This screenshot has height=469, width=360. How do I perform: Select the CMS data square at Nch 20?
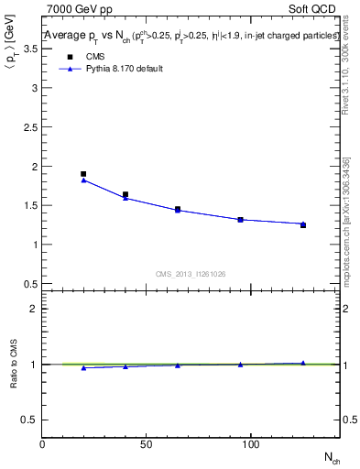[x=83, y=174]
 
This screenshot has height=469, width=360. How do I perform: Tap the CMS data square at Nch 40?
[x=125, y=194]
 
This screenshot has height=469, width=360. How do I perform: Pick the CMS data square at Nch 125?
[x=303, y=224]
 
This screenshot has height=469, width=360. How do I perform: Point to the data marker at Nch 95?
[x=240, y=220]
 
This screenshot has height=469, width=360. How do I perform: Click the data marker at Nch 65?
[x=178, y=210]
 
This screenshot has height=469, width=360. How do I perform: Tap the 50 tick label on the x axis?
[x=147, y=444]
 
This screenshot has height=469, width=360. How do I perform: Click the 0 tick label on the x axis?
[x=43, y=444]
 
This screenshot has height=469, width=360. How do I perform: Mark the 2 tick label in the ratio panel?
[x=33, y=309]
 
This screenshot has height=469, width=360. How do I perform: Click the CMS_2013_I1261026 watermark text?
[x=191, y=273]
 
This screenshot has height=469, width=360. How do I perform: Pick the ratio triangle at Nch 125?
[x=303, y=363]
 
